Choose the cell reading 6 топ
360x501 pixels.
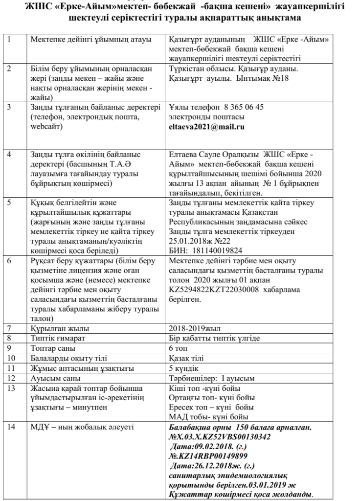click(x=179, y=348)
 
